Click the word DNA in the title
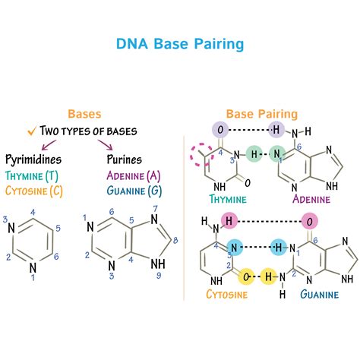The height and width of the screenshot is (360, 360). (134, 43)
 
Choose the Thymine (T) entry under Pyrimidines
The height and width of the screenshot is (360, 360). (32, 175)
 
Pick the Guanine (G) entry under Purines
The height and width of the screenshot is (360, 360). (132, 190)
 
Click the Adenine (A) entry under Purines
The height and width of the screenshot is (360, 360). (132, 175)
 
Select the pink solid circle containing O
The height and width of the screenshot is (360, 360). (308, 221)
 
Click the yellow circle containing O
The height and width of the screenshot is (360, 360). (246, 276)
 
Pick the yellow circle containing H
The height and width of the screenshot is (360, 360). (268, 276)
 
